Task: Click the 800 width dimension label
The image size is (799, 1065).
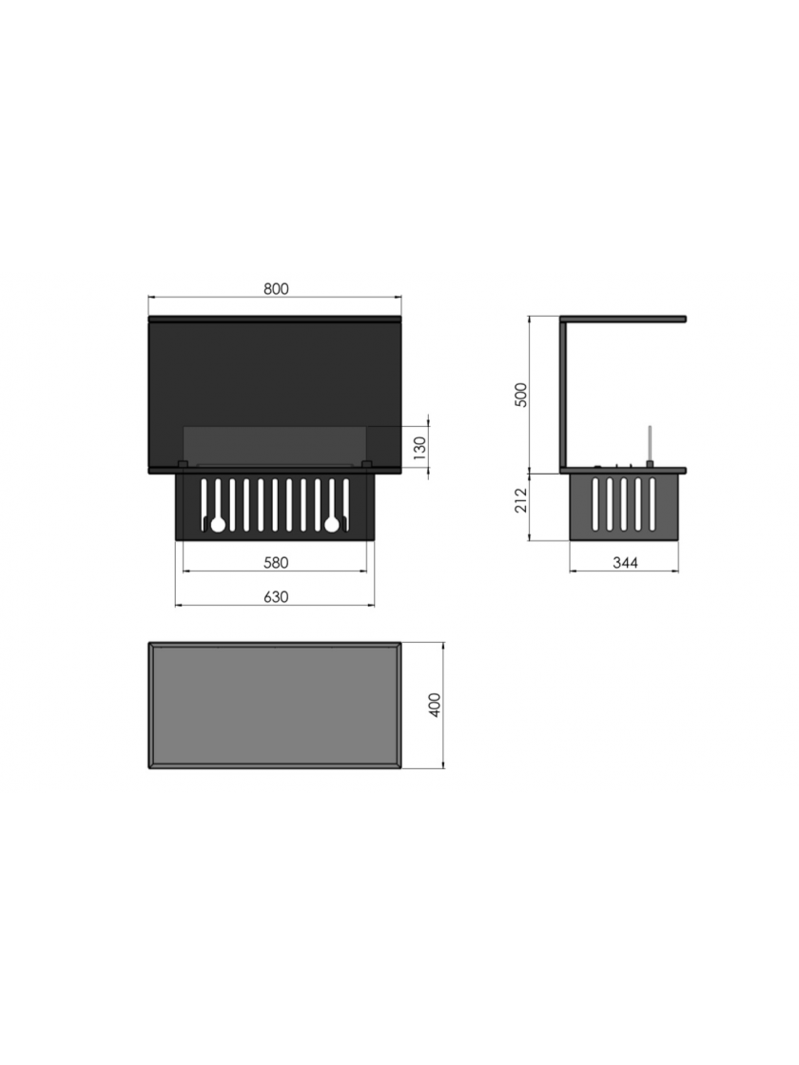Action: click(x=276, y=289)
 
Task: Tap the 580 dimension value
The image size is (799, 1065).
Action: click(x=276, y=562)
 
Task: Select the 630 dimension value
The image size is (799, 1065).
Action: click(x=276, y=596)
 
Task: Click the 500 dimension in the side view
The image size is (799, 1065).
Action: click(x=521, y=395)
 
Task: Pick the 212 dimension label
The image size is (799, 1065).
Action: click(x=521, y=501)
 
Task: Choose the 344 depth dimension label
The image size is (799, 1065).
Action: click(x=625, y=562)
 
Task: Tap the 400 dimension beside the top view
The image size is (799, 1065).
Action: click(x=436, y=705)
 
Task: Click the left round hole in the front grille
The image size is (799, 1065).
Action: click(x=218, y=524)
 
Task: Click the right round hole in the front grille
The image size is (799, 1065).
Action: click(x=332, y=524)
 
